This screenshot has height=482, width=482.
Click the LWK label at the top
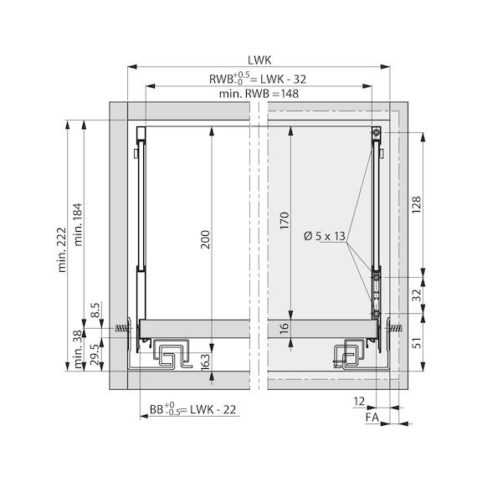point(259,60)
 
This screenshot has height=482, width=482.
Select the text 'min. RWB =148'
point(259,94)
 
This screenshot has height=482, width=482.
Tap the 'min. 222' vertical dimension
point(62,249)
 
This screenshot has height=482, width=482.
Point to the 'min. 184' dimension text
point(78,224)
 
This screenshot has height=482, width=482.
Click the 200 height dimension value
point(205,239)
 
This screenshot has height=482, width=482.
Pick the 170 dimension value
point(285,220)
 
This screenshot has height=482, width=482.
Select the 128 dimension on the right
point(417,205)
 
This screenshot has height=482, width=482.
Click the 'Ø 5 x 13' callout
point(325,236)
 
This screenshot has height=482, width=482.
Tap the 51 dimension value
point(417,343)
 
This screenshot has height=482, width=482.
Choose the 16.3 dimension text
point(205,361)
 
